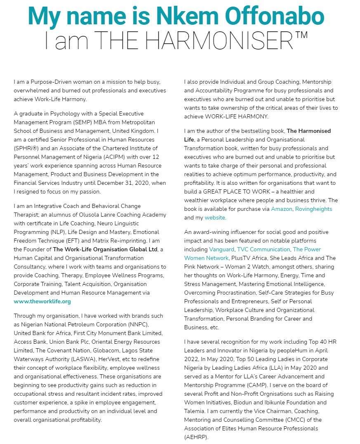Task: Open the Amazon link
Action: tap(282, 209)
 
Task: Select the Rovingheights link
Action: tap(314, 209)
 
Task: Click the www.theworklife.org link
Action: tap(42, 301)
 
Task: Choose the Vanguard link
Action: tap(221, 249)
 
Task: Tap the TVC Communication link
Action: tap(264, 249)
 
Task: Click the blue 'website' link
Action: tap(215, 217)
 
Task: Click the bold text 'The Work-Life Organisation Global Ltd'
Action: tap(105, 249)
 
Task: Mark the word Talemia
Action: tap(196, 411)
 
